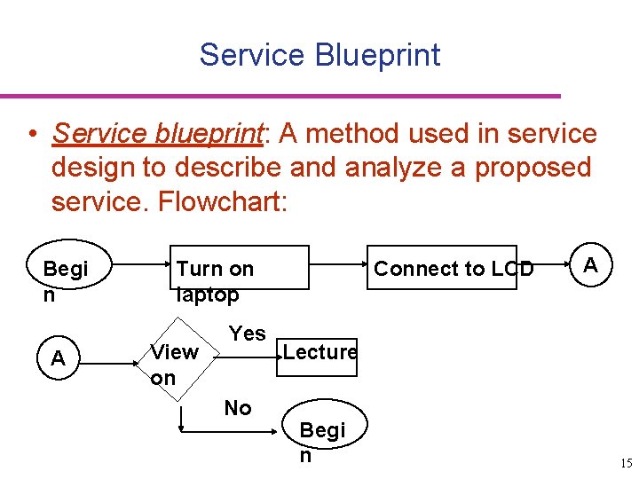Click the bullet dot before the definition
[x=32, y=135]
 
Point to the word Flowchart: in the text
[x=223, y=201]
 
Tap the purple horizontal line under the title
[x=280, y=96]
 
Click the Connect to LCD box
[x=454, y=268]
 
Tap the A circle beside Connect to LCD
[x=591, y=267]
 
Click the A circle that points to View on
[x=59, y=358]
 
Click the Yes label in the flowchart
[x=247, y=334]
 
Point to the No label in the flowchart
[x=238, y=408]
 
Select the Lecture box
[x=319, y=352]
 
